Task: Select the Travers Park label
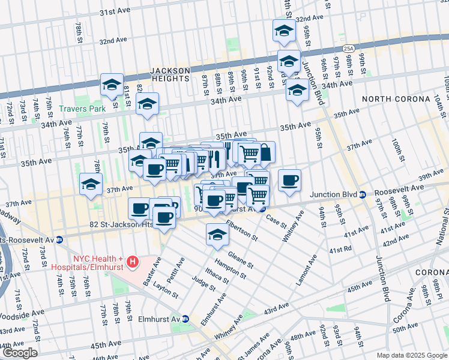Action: click(x=82, y=109)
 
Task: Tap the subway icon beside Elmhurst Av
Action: click(x=186, y=319)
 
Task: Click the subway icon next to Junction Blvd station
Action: click(x=363, y=194)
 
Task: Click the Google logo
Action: click(x=19, y=353)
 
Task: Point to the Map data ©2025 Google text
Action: click(x=412, y=355)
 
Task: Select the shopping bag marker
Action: click(x=265, y=152)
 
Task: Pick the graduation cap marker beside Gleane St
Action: click(x=217, y=235)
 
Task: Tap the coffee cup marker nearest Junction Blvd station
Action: click(x=289, y=180)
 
